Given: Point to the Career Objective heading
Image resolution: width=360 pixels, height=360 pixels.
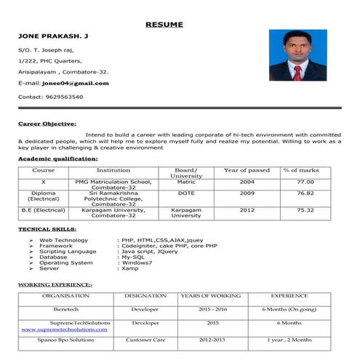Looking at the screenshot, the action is pyautogui.click(x=47, y=124).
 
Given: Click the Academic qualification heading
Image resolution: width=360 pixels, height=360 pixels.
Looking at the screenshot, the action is pyautogui.click(x=57, y=158).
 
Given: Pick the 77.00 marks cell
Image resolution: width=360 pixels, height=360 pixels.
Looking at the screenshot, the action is pyautogui.click(x=305, y=182).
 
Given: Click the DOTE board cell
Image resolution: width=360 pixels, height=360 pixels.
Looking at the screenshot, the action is pyautogui.click(x=185, y=193).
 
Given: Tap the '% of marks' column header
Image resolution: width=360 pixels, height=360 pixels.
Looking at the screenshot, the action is pyautogui.click(x=301, y=170).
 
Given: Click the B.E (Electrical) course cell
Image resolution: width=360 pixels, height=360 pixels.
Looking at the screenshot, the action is pyautogui.click(x=44, y=210).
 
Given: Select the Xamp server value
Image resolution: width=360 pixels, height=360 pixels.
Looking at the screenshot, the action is pyautogui.click(x=130, y=268).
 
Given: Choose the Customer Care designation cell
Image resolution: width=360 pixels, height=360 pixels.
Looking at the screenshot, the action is pyautogui.click(x=145, y=340).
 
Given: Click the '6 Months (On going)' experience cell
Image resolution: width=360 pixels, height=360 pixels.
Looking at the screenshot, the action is pyautogui.click(x=289, y=309).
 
